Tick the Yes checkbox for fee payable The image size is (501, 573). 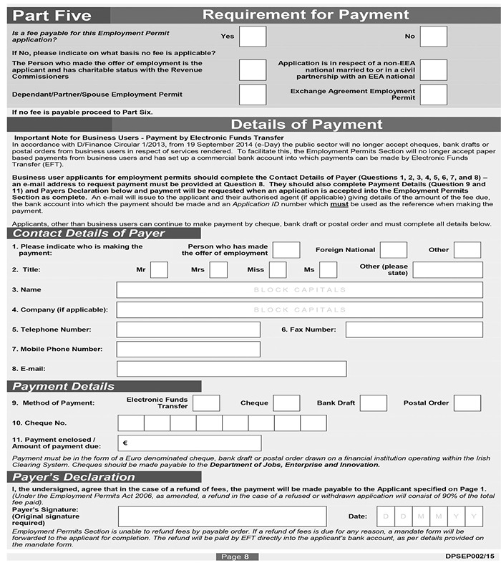(252, 37)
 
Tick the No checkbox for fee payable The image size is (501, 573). (433, 37)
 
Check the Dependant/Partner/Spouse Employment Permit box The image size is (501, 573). (252, 95)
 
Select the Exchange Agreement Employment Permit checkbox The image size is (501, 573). (433, 95)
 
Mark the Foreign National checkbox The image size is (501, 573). (393, 250)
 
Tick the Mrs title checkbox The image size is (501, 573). (218, 270)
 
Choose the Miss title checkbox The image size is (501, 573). (278, 270)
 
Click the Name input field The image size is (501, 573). (299, 290)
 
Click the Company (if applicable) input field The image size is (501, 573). (299, 310)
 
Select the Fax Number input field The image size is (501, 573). (414, 329)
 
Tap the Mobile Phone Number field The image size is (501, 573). (188, 350)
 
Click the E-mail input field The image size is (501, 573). (231, 369)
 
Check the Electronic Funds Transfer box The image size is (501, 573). (206, 403)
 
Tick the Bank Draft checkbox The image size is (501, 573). (373, 403)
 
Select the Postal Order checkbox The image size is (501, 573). (467, 403)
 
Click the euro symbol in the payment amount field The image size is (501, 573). (125, 443)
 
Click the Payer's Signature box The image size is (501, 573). (222, 516)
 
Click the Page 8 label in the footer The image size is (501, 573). (235, 557)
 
